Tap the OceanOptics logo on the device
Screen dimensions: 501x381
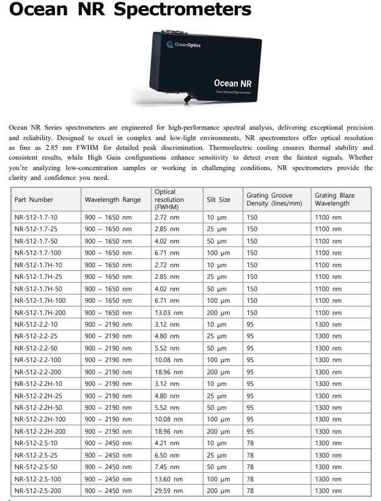click(183, 45)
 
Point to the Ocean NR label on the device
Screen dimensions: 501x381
click(233, 83)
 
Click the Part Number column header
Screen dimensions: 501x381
click(34, 199)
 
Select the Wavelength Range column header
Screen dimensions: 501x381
click(113, 199)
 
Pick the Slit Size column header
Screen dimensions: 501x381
click(218, 199)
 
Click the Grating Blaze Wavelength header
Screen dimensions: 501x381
click(335, 199)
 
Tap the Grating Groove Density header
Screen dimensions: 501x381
click(274, 199)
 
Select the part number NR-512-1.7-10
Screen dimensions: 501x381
click(36, 217)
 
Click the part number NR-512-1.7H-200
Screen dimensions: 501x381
click(40, 313)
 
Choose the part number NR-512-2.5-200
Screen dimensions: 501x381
click(38, 491)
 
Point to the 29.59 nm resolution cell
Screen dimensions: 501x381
click(168, 491)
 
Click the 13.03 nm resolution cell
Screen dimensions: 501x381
click(168, 313)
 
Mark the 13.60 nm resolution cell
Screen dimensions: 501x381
click(168, 479)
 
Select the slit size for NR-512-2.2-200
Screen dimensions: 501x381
click(218, 372)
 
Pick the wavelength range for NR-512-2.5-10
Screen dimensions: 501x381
click(108, 443)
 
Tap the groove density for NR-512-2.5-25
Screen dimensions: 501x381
click(250, 455)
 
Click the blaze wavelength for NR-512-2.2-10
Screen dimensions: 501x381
click(328, 324)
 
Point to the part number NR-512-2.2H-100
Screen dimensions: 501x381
click(40, 420)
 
